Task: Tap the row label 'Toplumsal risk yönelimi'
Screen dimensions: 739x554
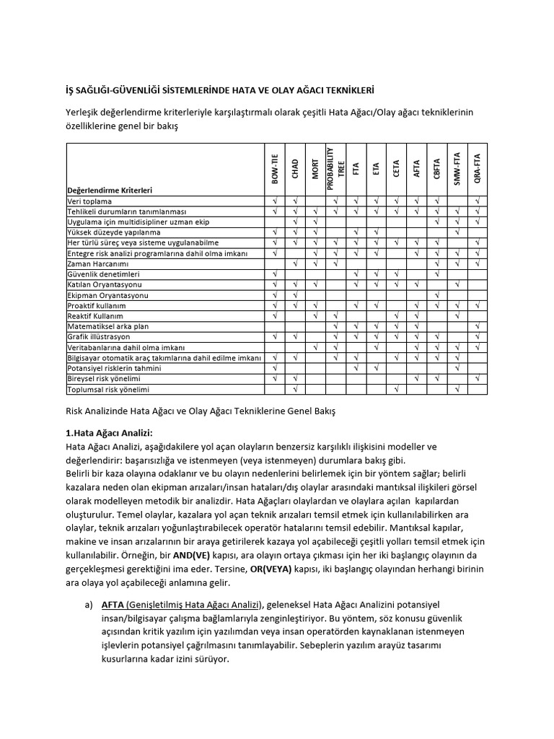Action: (107, 390)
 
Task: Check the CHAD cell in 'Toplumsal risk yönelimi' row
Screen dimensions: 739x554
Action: (295, 390)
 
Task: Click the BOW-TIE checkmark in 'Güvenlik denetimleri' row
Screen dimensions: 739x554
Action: (275, 274)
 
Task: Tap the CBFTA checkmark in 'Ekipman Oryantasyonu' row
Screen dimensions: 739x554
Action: (437, 295)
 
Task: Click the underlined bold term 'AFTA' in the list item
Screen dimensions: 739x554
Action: (113, 604)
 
